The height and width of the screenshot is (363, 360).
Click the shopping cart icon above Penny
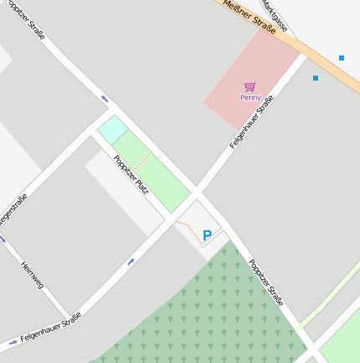250,86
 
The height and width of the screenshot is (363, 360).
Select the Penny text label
250,97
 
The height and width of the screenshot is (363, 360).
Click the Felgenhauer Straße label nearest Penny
252,123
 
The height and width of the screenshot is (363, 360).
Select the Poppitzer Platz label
132,175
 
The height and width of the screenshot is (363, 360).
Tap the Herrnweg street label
32,276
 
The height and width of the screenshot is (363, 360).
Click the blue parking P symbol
207,236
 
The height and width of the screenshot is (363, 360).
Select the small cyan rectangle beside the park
112,129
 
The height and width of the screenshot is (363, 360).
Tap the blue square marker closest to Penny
316,78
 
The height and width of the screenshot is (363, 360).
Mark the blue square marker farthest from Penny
342,58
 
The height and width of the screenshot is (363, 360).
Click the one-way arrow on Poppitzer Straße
105,99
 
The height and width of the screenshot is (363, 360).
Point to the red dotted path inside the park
143,160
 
